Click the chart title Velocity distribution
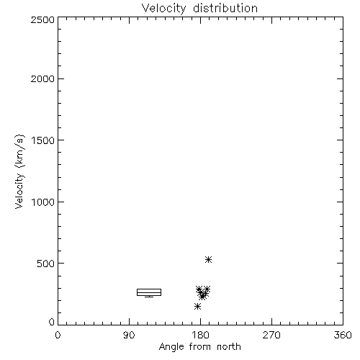click(199, 9)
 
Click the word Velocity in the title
click(163, 9)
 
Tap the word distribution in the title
click(225, 8)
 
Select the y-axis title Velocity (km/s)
click(19, 172)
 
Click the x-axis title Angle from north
click(200, 347)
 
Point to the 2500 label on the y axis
click(42, 19)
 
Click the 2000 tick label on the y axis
click(42, 78)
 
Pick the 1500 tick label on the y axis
click(43, 140)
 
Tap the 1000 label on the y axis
click(43, 202)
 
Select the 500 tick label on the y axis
click(46, 264)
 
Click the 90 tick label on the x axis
click(129, 335)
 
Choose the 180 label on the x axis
click(200, 335)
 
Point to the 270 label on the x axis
click(271, 335)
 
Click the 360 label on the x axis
click(343, 335)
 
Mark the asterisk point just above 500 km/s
click(208, 259)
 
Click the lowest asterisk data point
click(197, 306)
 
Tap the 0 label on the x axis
click(58, 335)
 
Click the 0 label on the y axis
click(52, 322)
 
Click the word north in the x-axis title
click(229, 346)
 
